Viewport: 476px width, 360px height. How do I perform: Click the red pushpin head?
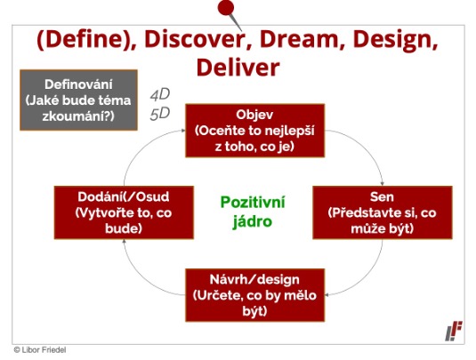[226, 7]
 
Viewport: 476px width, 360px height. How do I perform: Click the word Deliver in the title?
[238, 68]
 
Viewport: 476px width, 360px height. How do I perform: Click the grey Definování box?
[78, 100]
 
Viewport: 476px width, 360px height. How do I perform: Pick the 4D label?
[159, 94]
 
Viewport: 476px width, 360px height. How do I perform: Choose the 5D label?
[159, 114]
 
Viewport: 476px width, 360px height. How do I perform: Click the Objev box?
[254, 131]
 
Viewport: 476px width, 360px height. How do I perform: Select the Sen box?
[383, 212]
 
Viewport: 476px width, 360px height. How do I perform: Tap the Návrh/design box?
[254, 295]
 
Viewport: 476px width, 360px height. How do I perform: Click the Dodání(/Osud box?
[124, 212]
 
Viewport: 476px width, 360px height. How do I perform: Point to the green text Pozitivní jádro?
[253, 212]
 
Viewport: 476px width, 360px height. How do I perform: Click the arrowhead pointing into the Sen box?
[383, 183]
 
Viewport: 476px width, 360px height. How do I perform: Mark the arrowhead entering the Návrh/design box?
[327, 295]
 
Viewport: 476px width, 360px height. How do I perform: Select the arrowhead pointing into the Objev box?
[183, 131]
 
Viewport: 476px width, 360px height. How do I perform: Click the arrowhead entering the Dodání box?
[124, 241]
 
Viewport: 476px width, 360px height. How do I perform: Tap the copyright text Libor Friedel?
[40, 349]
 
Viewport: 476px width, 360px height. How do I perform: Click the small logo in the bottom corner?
[454, 331]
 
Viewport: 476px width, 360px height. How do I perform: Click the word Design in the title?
[396, 40]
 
